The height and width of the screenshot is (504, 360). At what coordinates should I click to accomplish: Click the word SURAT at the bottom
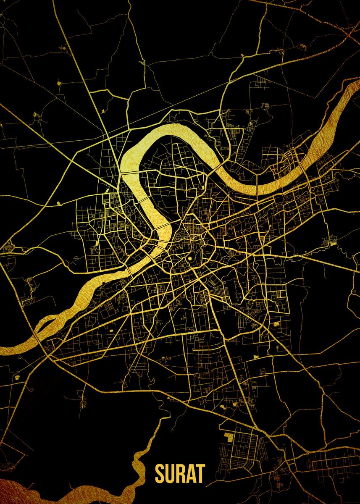[180, 473]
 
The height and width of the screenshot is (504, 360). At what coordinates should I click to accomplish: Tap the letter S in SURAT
[160, 473]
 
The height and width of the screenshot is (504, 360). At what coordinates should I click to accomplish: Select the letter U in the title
[170, 473]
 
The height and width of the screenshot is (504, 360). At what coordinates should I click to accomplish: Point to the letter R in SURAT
[180, 473]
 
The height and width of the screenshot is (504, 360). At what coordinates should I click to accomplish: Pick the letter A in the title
[191, 473]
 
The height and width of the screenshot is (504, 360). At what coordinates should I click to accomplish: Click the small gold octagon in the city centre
[190, 258]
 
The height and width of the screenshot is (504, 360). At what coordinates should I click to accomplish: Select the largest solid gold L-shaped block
[229, 437]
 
